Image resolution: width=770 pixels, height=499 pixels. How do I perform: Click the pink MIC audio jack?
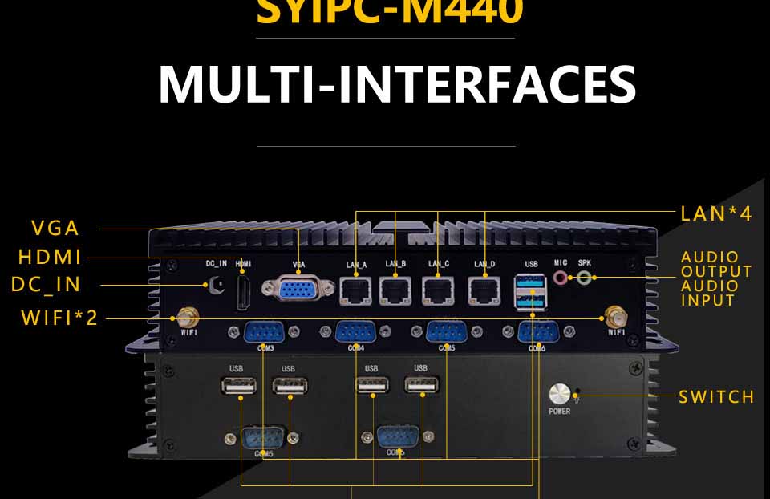point(561,278)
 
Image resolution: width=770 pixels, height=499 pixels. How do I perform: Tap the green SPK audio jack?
point(585,278)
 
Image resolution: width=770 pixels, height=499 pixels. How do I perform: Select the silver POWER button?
point(559,395)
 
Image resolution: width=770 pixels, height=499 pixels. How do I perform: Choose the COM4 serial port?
point(355,332)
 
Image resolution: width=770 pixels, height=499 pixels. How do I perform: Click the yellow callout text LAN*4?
point(716,213)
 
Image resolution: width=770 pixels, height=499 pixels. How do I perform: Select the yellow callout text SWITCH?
point(716,396)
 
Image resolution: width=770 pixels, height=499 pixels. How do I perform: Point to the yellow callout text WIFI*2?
point(59,318)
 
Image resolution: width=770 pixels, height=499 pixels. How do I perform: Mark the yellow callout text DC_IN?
point(47,285)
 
